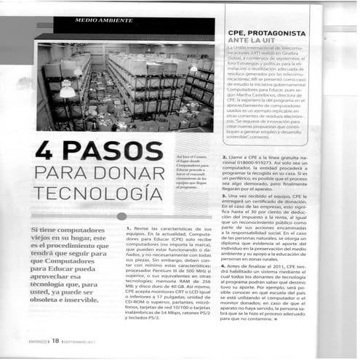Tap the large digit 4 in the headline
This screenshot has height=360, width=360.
click(45, 151)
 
